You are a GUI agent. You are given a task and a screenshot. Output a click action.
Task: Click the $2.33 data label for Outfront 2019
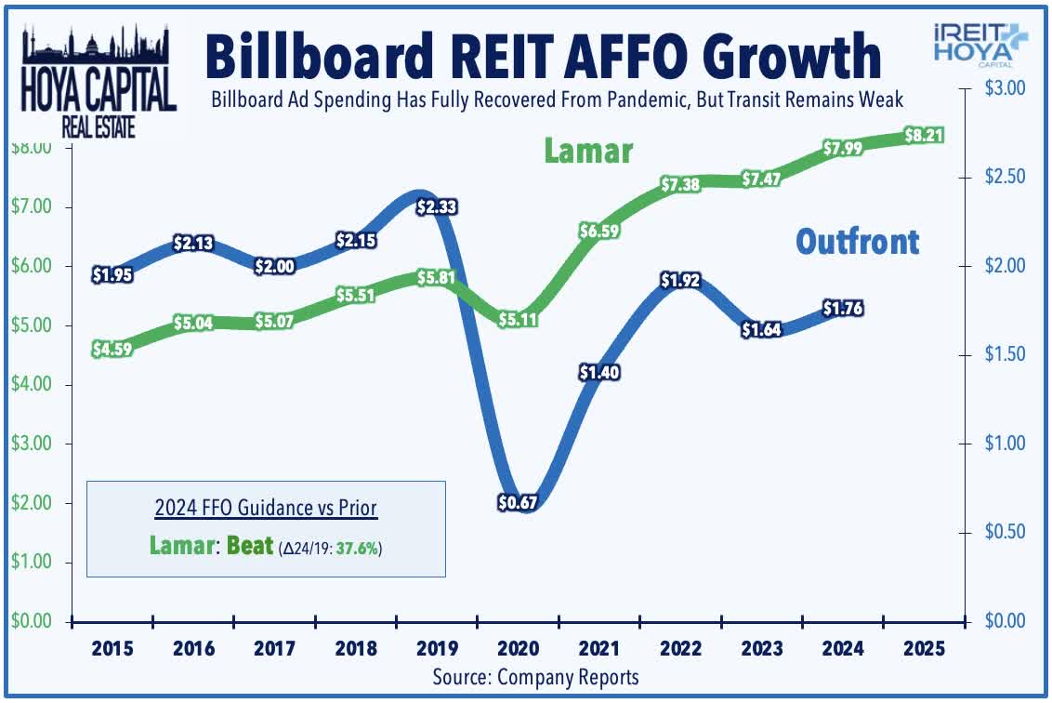click(x=435, y=206)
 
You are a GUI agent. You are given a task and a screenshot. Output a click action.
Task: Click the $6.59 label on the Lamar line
click(x=599, y=231)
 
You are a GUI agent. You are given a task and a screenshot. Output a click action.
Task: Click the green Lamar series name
click(x=588, y=151)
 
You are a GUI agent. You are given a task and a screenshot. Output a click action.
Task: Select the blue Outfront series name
click(x=857, y=242)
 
